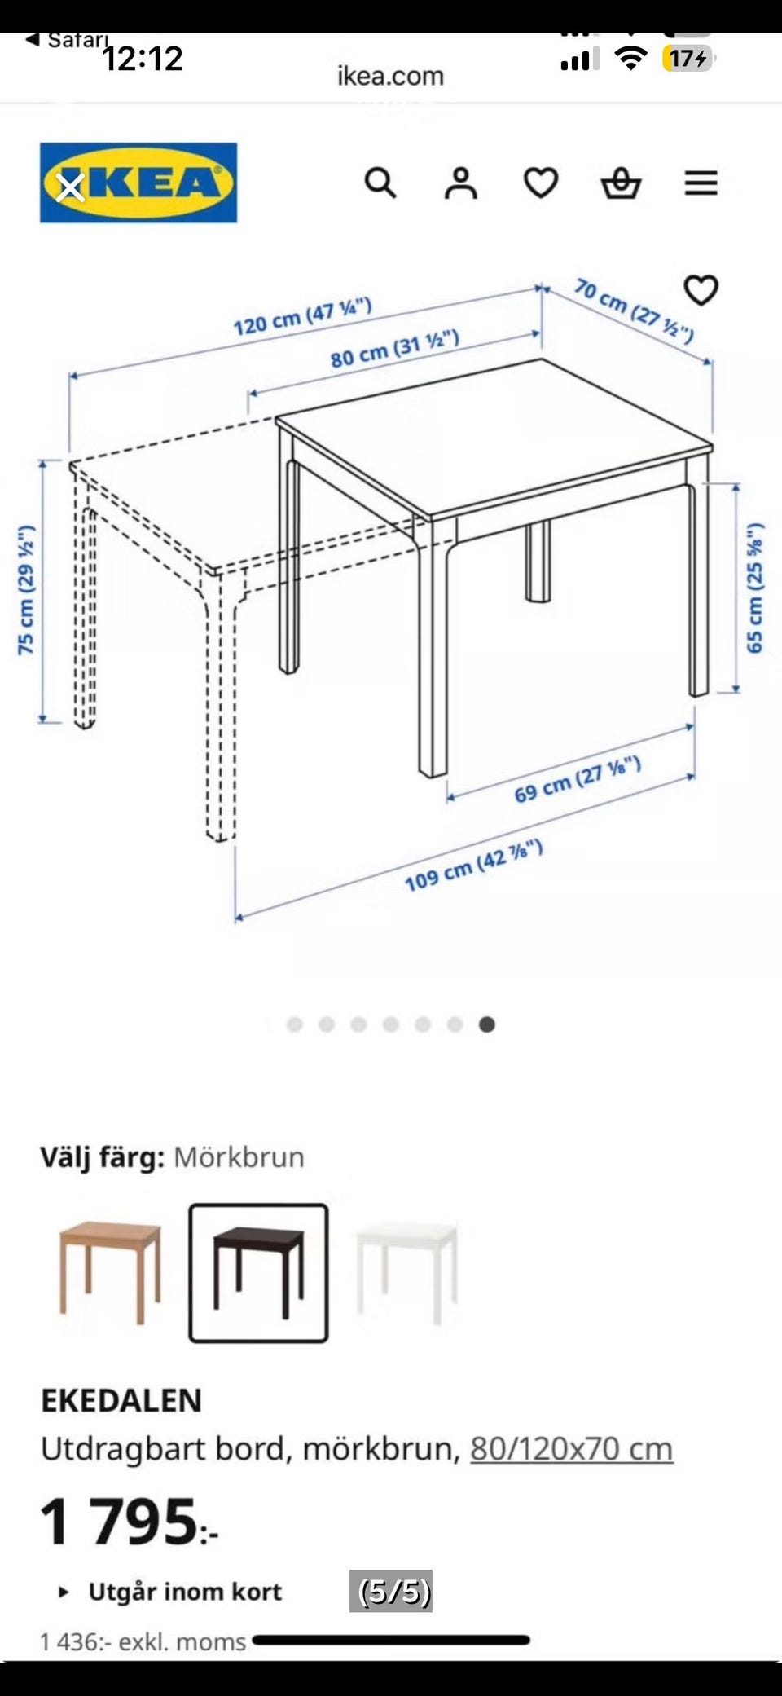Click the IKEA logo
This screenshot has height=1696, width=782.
(138, 183)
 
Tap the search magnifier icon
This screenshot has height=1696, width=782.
(380, 183)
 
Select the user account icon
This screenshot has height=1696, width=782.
(460, 183)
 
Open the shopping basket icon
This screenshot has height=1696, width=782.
(622, 183)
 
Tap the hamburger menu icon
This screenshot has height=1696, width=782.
(701, 183)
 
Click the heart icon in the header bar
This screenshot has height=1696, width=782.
(541, 183)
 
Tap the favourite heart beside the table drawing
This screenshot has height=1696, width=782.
(701, 290)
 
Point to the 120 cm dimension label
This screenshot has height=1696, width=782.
(302, 316)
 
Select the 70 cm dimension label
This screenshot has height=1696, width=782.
(635, 311)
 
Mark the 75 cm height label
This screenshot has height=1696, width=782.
(26, 589)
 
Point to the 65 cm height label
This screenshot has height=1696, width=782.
(755, 587)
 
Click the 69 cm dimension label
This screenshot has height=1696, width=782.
(578, 779)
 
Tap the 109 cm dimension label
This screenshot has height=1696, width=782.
(473, 866)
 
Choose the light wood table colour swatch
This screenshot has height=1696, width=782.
(111, 1272)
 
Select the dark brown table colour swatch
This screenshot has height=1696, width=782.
(258, 1272)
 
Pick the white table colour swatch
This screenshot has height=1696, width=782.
(406, 1272)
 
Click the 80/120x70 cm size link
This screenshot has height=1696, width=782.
(572, 1448)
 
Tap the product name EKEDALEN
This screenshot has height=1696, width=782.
(121, 1400)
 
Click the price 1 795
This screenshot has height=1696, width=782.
(129, 1522)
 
